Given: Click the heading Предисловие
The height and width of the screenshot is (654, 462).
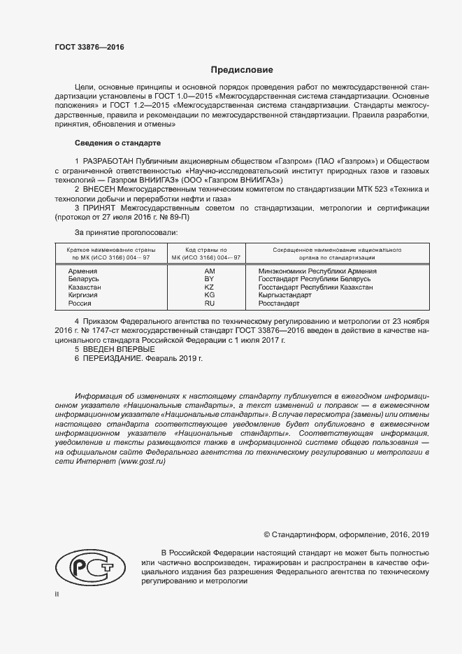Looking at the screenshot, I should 242,70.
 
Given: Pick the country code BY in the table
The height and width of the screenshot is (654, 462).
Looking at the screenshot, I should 209,279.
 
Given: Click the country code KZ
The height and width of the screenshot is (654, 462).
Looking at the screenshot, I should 209,287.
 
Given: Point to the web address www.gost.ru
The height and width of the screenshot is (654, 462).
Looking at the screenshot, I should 142,463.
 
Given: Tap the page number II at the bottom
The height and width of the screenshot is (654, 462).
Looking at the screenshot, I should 57,594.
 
